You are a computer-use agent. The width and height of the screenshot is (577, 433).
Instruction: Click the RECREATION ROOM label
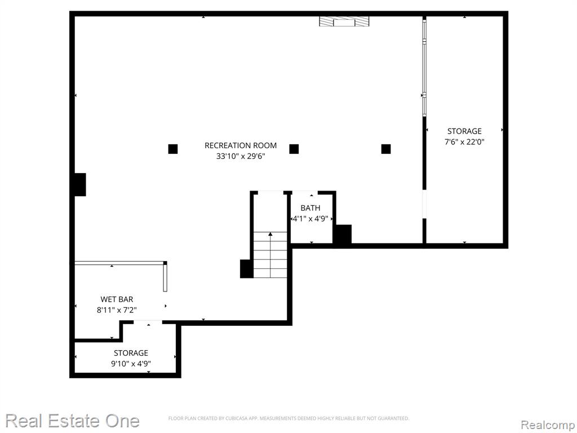pos(241,145)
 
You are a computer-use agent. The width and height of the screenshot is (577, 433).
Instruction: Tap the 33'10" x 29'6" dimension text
pos(241,156)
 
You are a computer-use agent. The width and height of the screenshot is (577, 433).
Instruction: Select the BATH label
pos(310,208)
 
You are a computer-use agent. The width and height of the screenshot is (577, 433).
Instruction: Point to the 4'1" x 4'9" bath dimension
pos(310,219)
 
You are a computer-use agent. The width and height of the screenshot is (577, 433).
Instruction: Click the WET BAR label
pos(117,299)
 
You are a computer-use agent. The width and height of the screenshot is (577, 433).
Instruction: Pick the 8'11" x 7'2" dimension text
pos(117,310)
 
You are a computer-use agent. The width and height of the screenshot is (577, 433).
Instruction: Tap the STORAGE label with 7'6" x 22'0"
pos(464,131)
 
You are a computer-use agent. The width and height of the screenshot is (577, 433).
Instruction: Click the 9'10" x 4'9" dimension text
pos(131,364)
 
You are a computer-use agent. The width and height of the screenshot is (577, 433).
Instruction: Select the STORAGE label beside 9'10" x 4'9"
pos(131,353)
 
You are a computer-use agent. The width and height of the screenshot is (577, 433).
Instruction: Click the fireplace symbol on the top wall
pos(344,21)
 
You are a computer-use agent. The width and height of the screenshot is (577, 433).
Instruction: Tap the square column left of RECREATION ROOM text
pos(173,149)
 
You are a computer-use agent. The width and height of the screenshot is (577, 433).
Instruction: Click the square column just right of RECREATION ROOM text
pos(294,149)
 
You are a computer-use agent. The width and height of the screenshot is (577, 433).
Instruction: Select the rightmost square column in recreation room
pos(385,149)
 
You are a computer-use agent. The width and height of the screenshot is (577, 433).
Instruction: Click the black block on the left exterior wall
pos(80,184)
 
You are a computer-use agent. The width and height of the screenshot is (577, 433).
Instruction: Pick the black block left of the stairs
pos(247,269)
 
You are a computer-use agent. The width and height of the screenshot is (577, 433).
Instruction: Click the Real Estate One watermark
pos(73,421)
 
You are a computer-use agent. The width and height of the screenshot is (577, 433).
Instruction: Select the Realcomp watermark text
pos(548,425)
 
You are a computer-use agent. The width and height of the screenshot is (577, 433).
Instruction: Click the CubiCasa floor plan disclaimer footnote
pos(288,418)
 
